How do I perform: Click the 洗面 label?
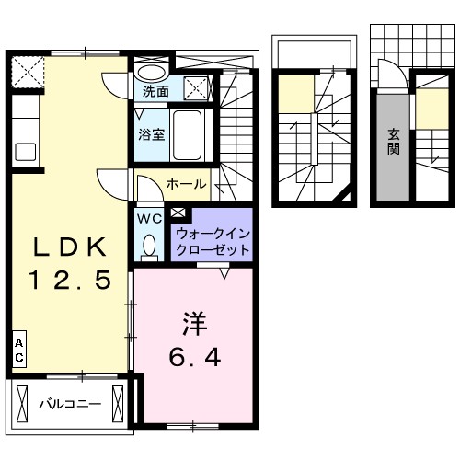[x=155, y=92]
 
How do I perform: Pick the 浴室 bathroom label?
[x=152, y=134]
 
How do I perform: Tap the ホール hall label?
[x=186, y=184]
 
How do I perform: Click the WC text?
[x=150, y=219]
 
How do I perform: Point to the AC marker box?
[x=18, y=351]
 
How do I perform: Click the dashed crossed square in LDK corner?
[x=29, y=69]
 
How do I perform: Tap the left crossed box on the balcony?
[x=23, y=402]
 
